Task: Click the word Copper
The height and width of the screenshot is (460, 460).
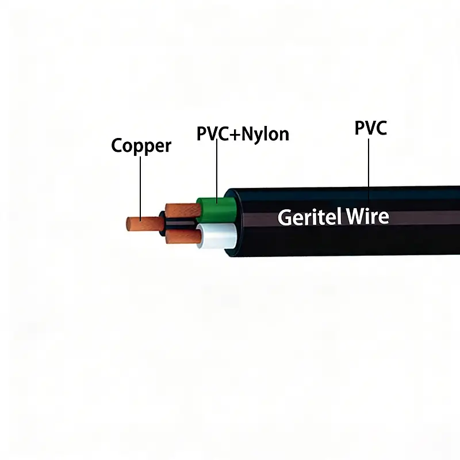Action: pyautogui.click(x=141, y=145)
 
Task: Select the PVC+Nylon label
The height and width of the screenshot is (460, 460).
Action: pyautogui.click(x=243, y=134)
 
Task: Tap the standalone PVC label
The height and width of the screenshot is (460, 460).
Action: pyautogui.click(x=371, y=128)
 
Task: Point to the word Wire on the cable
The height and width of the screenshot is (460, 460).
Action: pyautogui.click(x=368, y=217)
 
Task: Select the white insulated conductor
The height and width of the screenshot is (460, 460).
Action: pyautogui.click(x=216, y=236)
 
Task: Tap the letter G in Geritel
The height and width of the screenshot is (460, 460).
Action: pyautogui.click(x=284, y=217)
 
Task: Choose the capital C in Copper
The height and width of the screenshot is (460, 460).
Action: pyautogui.click(x=117, y=145)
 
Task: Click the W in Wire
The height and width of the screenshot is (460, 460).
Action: pyautogui.click(x=355, y=217)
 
